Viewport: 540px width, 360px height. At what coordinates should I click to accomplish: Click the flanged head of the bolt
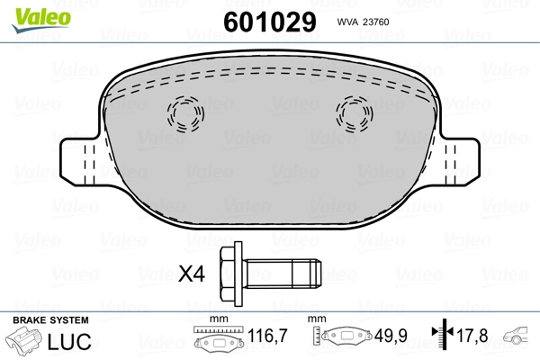point(231,271)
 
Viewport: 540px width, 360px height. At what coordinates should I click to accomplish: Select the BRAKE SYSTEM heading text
point(49,320)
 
